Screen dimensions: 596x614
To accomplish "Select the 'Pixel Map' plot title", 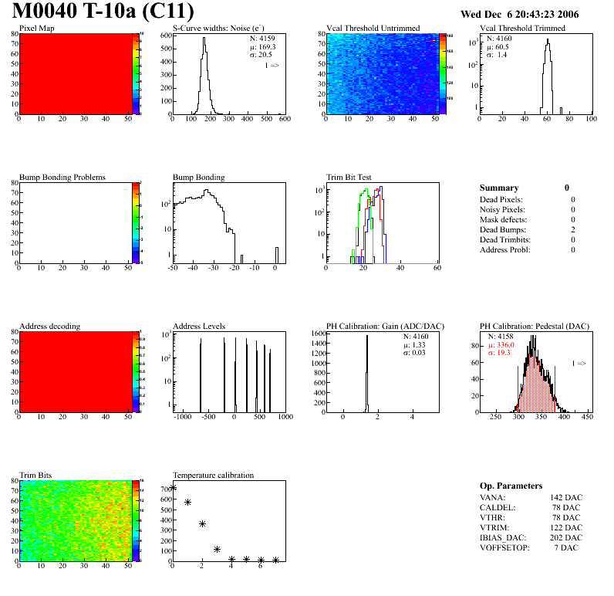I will pyautogui.click(x=36, y=29).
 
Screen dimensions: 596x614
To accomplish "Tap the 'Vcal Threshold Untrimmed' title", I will pyautogui.click(x=373, y=29).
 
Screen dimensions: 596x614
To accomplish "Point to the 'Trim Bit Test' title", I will pyautogui.click(x=349, y=178).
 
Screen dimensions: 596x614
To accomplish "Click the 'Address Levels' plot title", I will pyautogui.click(x=199, y=327).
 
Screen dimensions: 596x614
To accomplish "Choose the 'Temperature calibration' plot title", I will pyautogui.click(x=213, y=475).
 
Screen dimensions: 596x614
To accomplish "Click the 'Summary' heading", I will pyautogui.click(x=499, y=188).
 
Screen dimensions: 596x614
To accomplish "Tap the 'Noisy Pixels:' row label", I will pyautogui.click(x=502, y=210).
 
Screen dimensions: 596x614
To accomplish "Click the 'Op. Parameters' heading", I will pyautogui.click(x=511, y=486).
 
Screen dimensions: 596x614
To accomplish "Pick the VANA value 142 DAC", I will pyautogui.click(x=566, y=498).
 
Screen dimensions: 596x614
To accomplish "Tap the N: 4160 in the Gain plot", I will pyautogui.click(x=417, y=337).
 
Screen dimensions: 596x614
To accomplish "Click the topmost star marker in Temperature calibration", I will pyautogui.click(x=174, y=487).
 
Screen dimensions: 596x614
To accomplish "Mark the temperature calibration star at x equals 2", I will pyautogui.click(x=203, y=523).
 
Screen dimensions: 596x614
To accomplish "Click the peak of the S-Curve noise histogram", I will pyautogui.click(x=204, y=39).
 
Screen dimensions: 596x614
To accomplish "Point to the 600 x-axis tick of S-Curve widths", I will pyautogui.click(x=283, y=119).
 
